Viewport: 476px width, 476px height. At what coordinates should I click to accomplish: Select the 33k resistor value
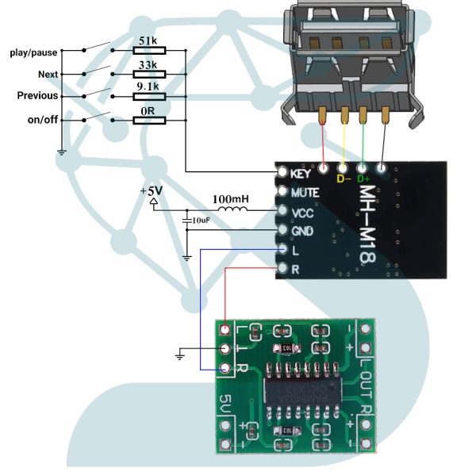click(x=147, y=63)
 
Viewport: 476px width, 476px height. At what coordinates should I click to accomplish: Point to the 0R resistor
click(x=147, y=120)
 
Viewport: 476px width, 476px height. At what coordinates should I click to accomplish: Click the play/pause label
click(x=33, y=52)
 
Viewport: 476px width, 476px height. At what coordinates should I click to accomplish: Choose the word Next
click(x=48, y=74)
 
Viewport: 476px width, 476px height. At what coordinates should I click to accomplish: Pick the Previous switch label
click(x=37, y=96)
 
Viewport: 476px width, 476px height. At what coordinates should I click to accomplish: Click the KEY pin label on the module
click(x=300, y=173)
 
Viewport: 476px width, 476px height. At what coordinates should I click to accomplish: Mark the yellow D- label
click(x=344, y=178)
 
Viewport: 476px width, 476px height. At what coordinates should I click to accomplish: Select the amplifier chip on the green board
click(x=297, y=389)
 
